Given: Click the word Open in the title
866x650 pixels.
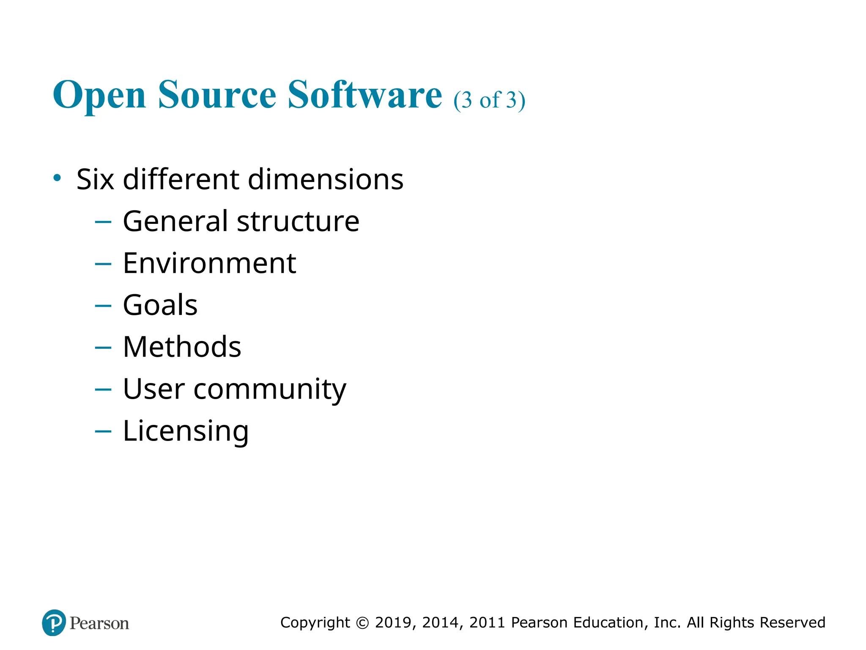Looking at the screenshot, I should coord(99,96).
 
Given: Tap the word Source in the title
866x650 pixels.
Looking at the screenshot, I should coord(217,95).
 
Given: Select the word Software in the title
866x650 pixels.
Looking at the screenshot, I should coord(364,95).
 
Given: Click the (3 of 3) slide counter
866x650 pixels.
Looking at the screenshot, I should coord(489,100).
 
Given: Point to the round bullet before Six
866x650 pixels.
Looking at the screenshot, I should coord(57,177).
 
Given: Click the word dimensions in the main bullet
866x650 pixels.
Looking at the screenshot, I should coord(326,179).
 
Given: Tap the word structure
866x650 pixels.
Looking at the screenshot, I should coord(298,221).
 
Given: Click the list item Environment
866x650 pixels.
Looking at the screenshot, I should coord(209,263).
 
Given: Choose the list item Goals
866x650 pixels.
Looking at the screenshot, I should coord(160,305).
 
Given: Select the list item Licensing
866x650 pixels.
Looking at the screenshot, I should coord(186,431).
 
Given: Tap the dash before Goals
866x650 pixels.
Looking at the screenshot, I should coord(103,306).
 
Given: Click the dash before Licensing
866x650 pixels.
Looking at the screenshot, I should coord(103,431).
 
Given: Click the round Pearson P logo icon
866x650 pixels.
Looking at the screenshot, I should coord(54,622).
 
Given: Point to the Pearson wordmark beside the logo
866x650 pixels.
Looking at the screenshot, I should coord(99,623).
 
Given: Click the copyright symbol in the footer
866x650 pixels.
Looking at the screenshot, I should coord(362,622).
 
